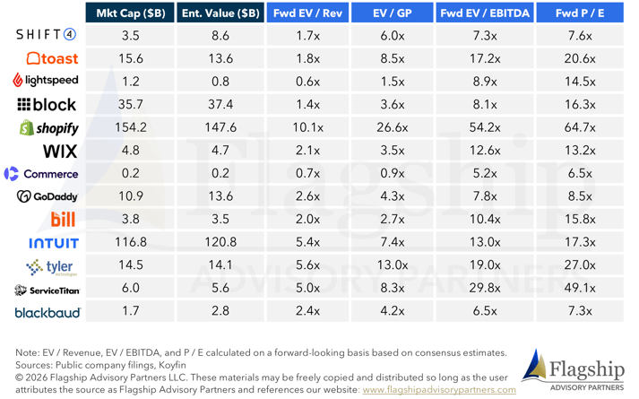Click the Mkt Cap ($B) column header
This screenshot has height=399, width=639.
point(132,13)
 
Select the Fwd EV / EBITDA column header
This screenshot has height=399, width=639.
point(485,13)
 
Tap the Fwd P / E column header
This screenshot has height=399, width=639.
point(580,13)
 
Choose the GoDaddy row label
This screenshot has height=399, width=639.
point(47,196)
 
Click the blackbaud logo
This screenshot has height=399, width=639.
point(47,313)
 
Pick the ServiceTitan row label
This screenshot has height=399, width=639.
point(47,290)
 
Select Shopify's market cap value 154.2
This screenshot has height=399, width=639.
point(131,128)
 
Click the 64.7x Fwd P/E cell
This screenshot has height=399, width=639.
point(580,128)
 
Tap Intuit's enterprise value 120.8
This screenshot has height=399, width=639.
point(220,242)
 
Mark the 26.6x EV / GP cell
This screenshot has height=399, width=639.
point(395,128)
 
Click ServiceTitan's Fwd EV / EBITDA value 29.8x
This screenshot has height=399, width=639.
point(485,289)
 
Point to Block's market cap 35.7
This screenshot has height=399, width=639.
point(131,105)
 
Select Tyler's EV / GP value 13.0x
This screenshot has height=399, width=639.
point(395,265)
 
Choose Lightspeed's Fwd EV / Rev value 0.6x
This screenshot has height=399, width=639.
point(307,82)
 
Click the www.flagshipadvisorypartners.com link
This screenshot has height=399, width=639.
point(438,390)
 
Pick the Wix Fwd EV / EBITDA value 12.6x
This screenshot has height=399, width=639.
point(485,150)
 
